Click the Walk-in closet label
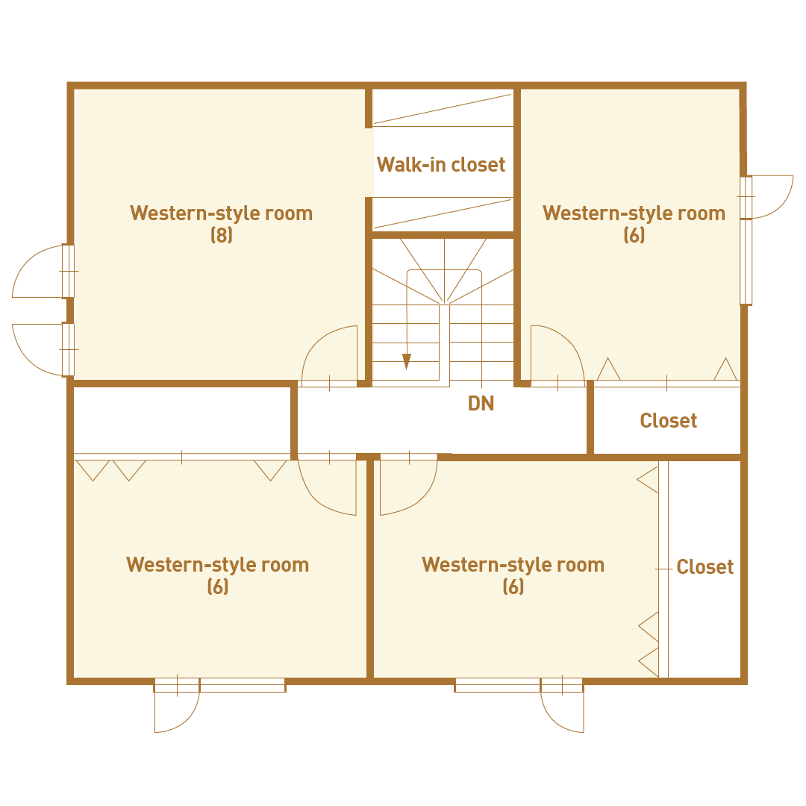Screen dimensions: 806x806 pos(441,164)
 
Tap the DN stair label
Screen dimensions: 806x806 pos(481,404)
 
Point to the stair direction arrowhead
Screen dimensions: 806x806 pos(407,362)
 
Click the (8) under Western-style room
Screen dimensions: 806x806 pos(222,235)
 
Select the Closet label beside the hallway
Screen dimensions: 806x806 pos(668,420)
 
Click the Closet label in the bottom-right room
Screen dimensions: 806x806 pos(705,566)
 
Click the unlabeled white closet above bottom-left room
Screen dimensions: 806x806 pos(182,420)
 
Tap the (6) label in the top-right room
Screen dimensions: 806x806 pos(634,235)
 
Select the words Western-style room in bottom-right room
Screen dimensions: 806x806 pos(513,564)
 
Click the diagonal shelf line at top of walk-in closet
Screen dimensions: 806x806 pos(443,109)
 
